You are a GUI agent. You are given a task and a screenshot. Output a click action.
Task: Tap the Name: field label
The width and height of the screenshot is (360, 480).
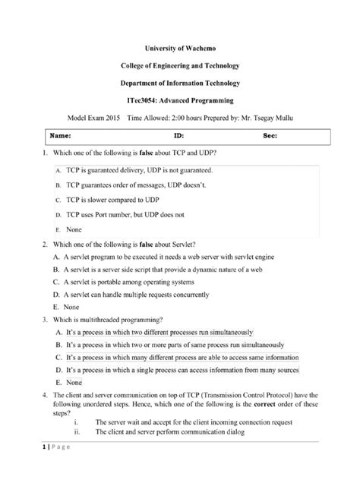(60, 136)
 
